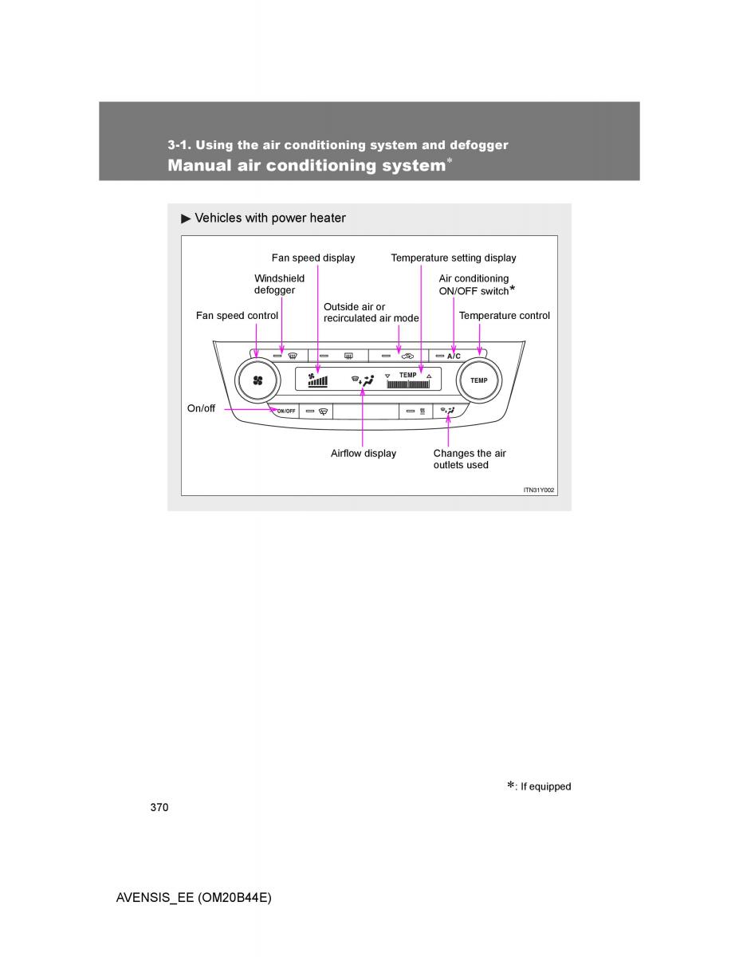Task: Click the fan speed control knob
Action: click(257, 380)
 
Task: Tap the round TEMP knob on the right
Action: click(478, 380)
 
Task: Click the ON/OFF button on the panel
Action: click(285, 411)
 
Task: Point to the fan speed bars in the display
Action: click(318, 380)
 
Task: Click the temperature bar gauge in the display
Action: click(408, 384)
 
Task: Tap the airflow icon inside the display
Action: click(363, 381)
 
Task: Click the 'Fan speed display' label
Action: click(313, 258)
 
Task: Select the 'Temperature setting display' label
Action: click(453, 258)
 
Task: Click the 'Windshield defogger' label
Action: click(279, 284)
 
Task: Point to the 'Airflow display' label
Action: click(363, 453)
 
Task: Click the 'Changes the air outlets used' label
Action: click(469, 459)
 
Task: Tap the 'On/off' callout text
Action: click(201, 408)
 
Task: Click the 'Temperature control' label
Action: click(504, 315)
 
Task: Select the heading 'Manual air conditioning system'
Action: click(306, 165)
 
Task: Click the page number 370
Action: click(159, 807)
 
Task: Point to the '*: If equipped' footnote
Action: click(539, 786)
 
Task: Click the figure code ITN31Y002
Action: click(538, 489)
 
